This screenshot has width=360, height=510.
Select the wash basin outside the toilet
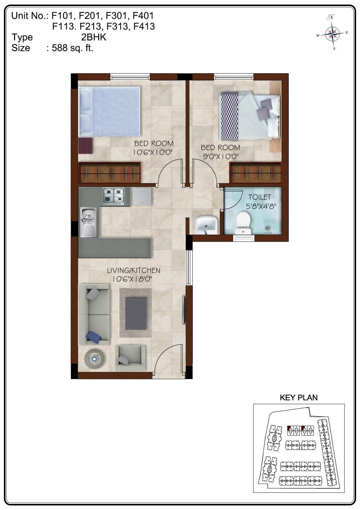point(206,224)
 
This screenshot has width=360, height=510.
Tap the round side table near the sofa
point(95,359)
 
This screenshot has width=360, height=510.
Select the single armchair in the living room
point(130,358)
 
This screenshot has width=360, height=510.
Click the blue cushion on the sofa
point(94,337)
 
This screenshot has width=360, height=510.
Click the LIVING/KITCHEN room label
point(133,270)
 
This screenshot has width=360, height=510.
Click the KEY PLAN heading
point(299,397)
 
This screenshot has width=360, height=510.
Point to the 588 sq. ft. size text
point(72,48)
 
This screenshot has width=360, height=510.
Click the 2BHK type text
point(94,37)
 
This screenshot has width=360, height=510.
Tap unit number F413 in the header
point(143,26)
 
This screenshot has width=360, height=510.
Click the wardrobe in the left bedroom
point(110,172)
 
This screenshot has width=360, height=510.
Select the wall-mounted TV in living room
point(184,310)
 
